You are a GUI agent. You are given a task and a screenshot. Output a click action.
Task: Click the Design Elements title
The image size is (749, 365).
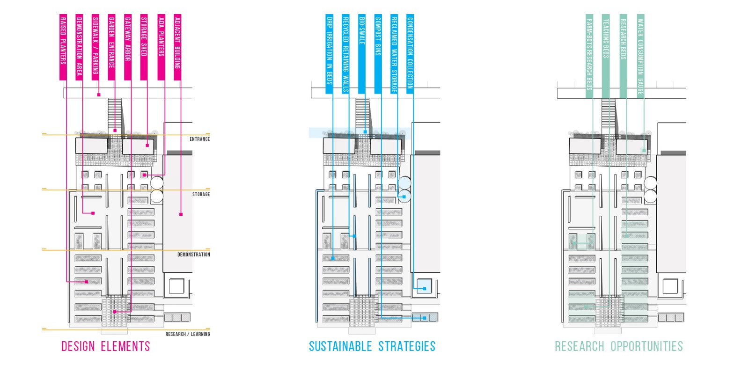pyautogui.click(x=106, y=347)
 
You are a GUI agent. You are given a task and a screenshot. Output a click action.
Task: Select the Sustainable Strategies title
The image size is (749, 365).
pyautogui.click(x=372, y=347)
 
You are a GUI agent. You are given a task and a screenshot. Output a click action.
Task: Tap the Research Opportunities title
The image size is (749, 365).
pyautogui.click(x=619, y=347)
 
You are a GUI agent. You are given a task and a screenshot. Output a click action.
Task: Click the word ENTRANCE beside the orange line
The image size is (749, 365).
pyautogui.click(x=199, y=139)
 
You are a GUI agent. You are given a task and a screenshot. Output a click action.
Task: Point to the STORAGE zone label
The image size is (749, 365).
pyautogui.click(x=201, y=194)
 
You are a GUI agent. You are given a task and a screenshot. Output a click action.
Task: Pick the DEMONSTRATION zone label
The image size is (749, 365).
pyautogui.click(x=193, y=255)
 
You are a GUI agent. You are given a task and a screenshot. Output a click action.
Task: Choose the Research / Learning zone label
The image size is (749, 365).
pyautogui.click(x=187, y=334)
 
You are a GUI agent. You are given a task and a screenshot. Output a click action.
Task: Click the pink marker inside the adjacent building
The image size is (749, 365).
pyautogui.click(x=181, y=214)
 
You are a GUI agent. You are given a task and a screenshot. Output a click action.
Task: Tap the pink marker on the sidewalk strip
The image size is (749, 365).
pyautogui.click(x=99, y=95)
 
